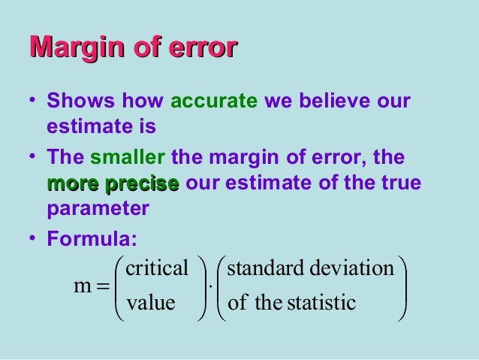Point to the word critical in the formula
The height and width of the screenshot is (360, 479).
pos(157,269)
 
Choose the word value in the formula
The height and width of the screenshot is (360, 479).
pos(150,303)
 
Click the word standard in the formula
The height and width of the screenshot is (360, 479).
pos(262,269)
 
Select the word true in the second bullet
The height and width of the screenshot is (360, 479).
pos(403,184)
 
